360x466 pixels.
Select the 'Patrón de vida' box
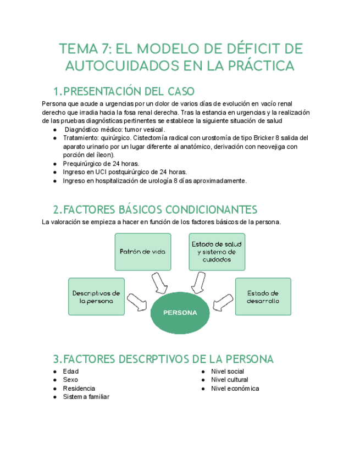[142, 251]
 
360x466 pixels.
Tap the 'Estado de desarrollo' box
[263, 297]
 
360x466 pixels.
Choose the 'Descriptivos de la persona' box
[96, 297]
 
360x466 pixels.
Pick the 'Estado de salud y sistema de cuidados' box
[217, 251]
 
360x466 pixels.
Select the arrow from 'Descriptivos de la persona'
[137, 301]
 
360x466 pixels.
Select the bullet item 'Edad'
[71, 371]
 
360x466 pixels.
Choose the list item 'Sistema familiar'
[86, 397]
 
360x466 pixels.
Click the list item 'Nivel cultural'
[229, 380]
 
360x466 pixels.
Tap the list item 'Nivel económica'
[235, 389]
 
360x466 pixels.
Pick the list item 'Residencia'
[79, 389]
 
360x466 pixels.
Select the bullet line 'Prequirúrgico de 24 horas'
[101, 163]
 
